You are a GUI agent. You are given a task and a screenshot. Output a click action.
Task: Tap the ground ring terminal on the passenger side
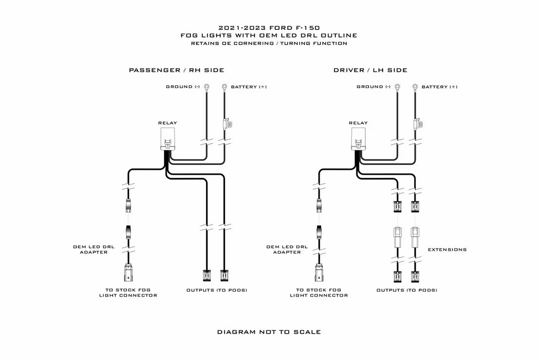[x=207, y=88]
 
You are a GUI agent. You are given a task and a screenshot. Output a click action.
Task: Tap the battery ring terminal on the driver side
[x=415, y=88]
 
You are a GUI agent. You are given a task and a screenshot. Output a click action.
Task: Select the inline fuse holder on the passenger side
[x=226, y=125]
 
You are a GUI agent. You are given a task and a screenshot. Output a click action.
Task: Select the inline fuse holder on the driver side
[x=417, y=125]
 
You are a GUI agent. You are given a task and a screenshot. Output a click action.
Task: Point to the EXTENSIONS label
[x=447, y=250]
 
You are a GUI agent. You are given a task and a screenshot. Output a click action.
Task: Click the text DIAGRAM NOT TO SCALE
[x=269, y=332]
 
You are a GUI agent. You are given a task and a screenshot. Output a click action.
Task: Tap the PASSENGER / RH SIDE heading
[x=176, y=71]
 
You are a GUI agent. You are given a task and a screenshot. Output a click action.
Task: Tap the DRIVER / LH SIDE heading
[x=370, y=71]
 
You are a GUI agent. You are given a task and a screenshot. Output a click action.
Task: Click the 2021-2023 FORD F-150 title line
[x=269, y=28]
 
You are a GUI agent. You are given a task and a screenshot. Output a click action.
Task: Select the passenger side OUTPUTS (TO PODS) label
[x=217, y=290]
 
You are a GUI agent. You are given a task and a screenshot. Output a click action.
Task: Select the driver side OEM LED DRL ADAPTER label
[x=287, y=250]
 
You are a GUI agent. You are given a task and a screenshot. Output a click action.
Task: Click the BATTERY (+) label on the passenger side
[x=248, y=87]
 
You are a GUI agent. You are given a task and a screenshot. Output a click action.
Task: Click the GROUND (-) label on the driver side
[x=373, y=87]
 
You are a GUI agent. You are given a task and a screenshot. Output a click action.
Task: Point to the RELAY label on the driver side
[x=358, y=123]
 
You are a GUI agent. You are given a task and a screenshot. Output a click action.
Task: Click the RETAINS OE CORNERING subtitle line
[x=269, y=43]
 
